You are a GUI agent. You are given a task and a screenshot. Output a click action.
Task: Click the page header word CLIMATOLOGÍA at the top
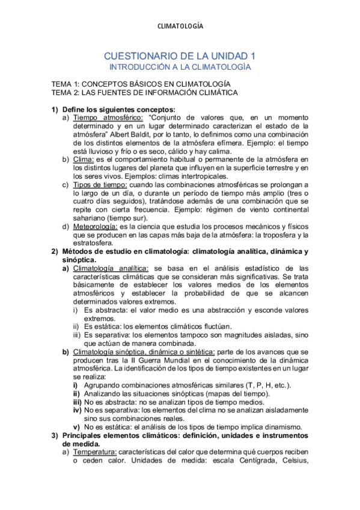click(x=180, y=26)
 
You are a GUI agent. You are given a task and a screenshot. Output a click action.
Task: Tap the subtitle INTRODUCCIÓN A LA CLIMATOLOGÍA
click(x=180, y=67)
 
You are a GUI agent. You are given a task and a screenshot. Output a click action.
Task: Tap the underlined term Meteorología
click(x=95, y=226)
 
